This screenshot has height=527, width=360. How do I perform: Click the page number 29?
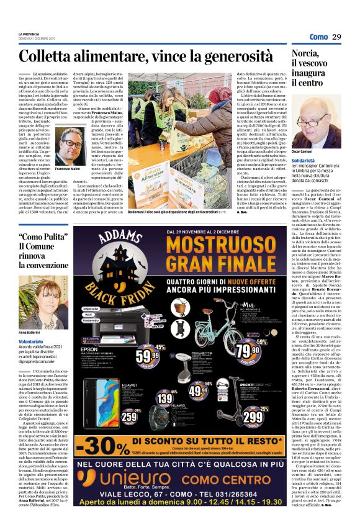tap(337, 37)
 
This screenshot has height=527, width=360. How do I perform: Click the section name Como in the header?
tap(318, 37)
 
